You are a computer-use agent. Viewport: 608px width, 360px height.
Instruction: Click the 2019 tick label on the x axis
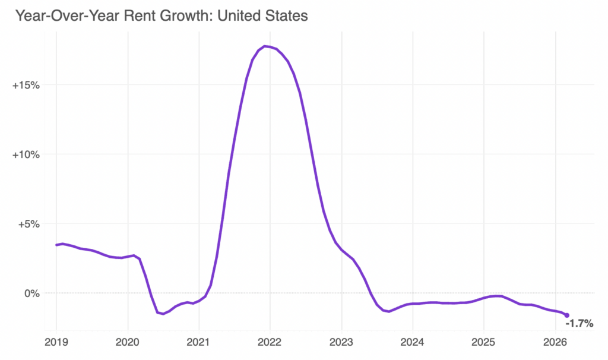(x=56, y=343)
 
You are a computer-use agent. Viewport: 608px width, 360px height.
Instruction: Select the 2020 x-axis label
(x=128, y=343)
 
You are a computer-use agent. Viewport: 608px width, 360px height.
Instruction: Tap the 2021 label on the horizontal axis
(x=199, y=343)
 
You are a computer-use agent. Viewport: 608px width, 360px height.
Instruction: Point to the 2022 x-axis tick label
(x=270, y=343)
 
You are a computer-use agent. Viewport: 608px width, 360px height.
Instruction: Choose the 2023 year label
(x=341, y=343)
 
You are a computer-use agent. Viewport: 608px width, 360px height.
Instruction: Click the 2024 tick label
(x=413, y=343)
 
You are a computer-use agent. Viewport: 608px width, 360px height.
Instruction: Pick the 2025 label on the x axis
(x=484, y=343)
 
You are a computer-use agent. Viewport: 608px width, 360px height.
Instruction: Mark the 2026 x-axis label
(x=555, y=343)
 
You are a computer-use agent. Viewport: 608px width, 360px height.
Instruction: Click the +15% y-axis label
(x=26, y=85)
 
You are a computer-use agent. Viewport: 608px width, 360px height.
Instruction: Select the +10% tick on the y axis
(x=26, y=154)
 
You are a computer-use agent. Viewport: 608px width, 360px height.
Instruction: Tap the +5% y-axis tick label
(x=28, y=224)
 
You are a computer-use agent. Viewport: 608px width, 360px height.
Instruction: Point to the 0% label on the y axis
(x=31, y=293)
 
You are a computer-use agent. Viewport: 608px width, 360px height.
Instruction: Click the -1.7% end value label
(x=579, y=324)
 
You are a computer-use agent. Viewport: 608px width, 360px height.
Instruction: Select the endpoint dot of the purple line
(x=566, y=315)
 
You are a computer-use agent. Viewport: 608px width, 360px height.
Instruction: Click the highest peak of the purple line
(x=266, y=46)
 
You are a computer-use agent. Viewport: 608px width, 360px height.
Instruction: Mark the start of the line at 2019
(x=56, y=245)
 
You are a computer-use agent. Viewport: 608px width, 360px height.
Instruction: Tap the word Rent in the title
(x=135, y=15)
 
